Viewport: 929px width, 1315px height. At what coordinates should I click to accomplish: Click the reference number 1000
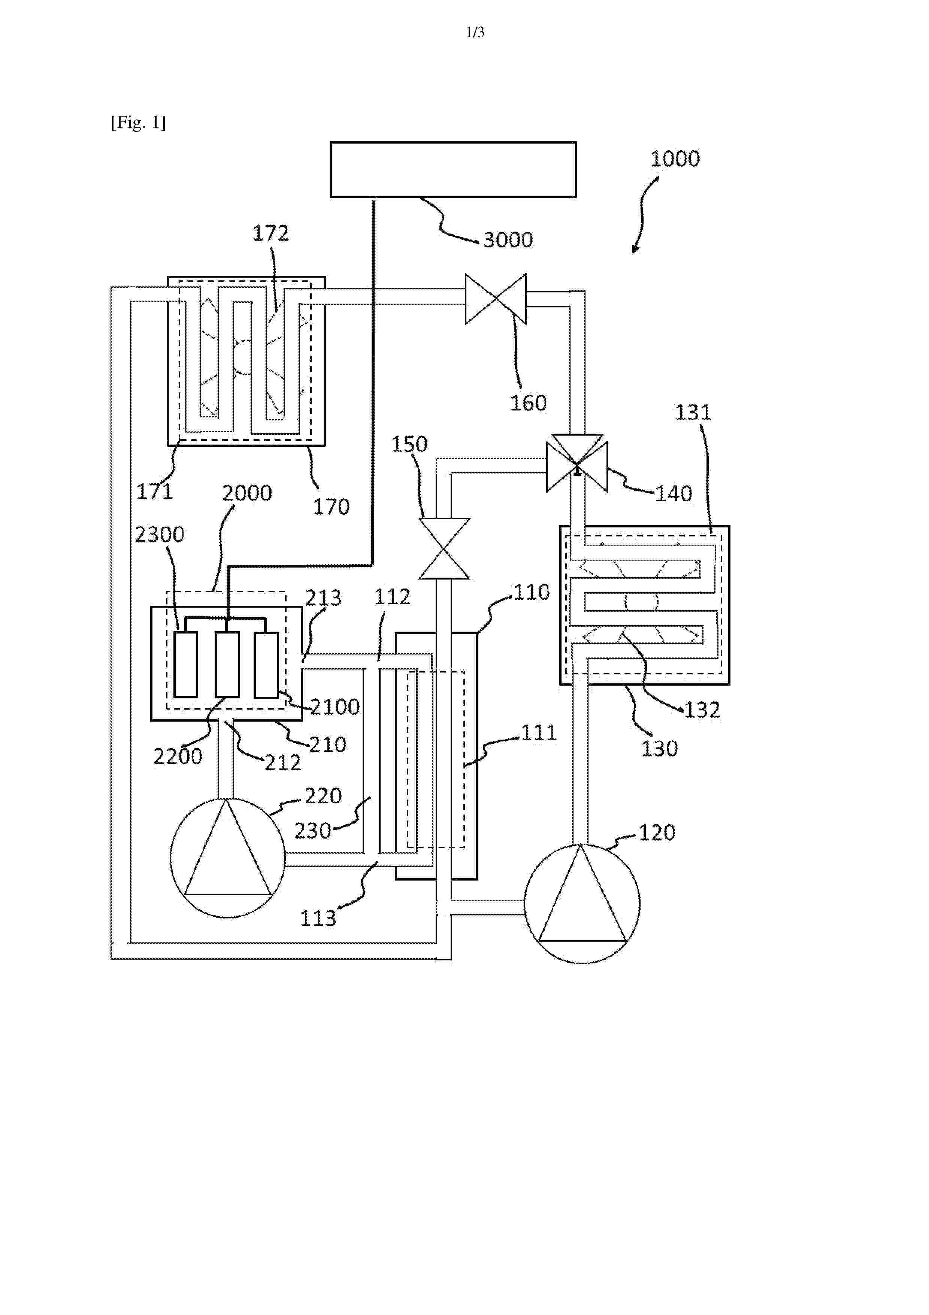(675, 159)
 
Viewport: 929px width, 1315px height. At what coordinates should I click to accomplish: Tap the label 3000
(508, 240)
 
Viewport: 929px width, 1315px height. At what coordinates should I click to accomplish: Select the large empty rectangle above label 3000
(453, 169)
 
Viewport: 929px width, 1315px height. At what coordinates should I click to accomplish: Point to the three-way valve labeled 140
(577, 463)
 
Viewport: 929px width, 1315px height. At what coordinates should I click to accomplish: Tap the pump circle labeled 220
(228, 857)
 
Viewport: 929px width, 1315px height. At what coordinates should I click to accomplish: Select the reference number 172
(271, 233)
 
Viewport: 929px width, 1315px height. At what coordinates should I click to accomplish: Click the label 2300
(160, 535)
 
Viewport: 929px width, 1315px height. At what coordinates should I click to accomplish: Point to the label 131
(693, 412)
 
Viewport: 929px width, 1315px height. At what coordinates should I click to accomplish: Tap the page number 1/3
(475, 33)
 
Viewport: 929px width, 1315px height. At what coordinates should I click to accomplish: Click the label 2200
(178, 756)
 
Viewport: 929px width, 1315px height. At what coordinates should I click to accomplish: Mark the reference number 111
(539, 732)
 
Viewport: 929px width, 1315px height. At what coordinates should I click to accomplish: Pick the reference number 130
(659, 749)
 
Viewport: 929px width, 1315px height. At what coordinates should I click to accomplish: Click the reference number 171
(155, 491)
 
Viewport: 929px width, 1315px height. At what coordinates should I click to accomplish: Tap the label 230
(312, 830)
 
